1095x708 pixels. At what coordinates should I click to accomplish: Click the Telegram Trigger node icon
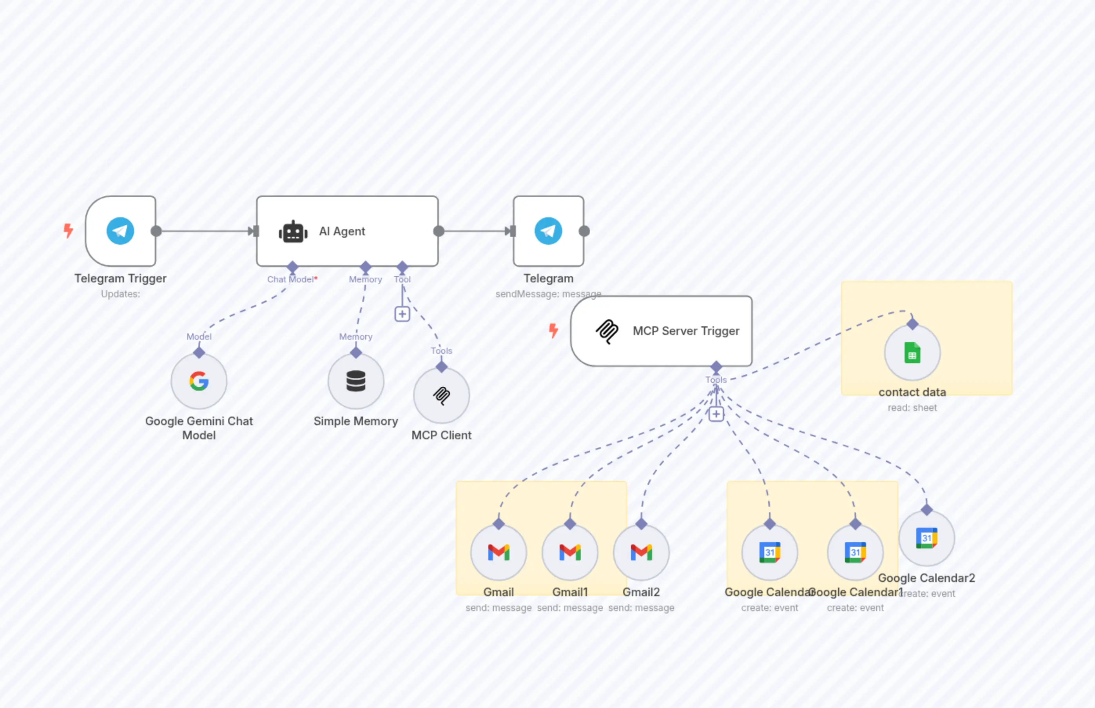point(120,231)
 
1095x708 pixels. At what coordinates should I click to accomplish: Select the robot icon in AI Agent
point(293,232)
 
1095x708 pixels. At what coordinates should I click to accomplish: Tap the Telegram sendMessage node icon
point(548,231)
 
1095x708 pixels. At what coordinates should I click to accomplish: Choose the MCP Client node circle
point(441,395)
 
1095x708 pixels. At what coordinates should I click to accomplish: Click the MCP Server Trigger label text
point(686,331)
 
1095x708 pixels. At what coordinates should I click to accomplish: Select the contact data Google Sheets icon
point(912,353)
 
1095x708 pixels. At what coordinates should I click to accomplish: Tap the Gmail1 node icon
point(570,552)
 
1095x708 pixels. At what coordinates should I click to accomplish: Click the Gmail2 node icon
point(641,552)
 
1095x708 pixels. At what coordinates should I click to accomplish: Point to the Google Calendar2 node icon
point(926,538)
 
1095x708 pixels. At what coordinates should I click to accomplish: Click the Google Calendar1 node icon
point(855,552)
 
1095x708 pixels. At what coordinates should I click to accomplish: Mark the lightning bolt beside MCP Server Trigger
point(553,330)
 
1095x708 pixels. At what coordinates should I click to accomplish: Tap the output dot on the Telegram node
point(584,231)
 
